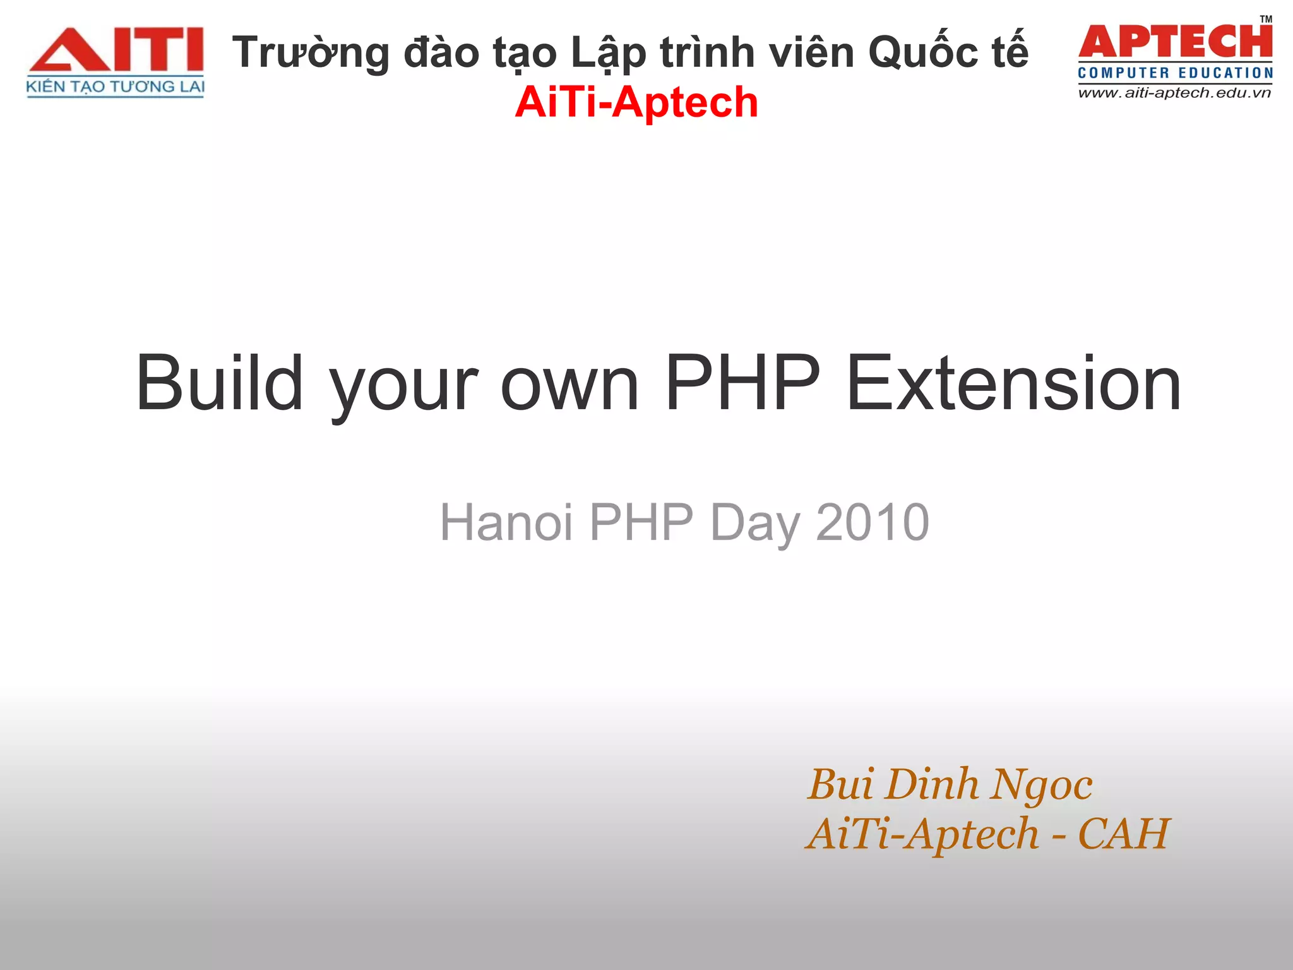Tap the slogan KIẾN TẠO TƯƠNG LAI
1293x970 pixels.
[116, 87]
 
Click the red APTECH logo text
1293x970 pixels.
[1175, 42]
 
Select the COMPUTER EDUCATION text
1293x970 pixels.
[1175, 73]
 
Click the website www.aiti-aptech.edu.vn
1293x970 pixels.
[1174, 93]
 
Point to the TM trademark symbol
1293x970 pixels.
[1266, 19]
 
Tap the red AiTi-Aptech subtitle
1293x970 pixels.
[636, 102]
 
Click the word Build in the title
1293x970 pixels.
[219, 383]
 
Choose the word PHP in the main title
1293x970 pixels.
[742, 383]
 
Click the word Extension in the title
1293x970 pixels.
[1013, 383]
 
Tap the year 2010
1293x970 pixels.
[872, 522]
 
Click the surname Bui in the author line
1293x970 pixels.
[841, 784]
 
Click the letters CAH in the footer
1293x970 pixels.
[1124, 834]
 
